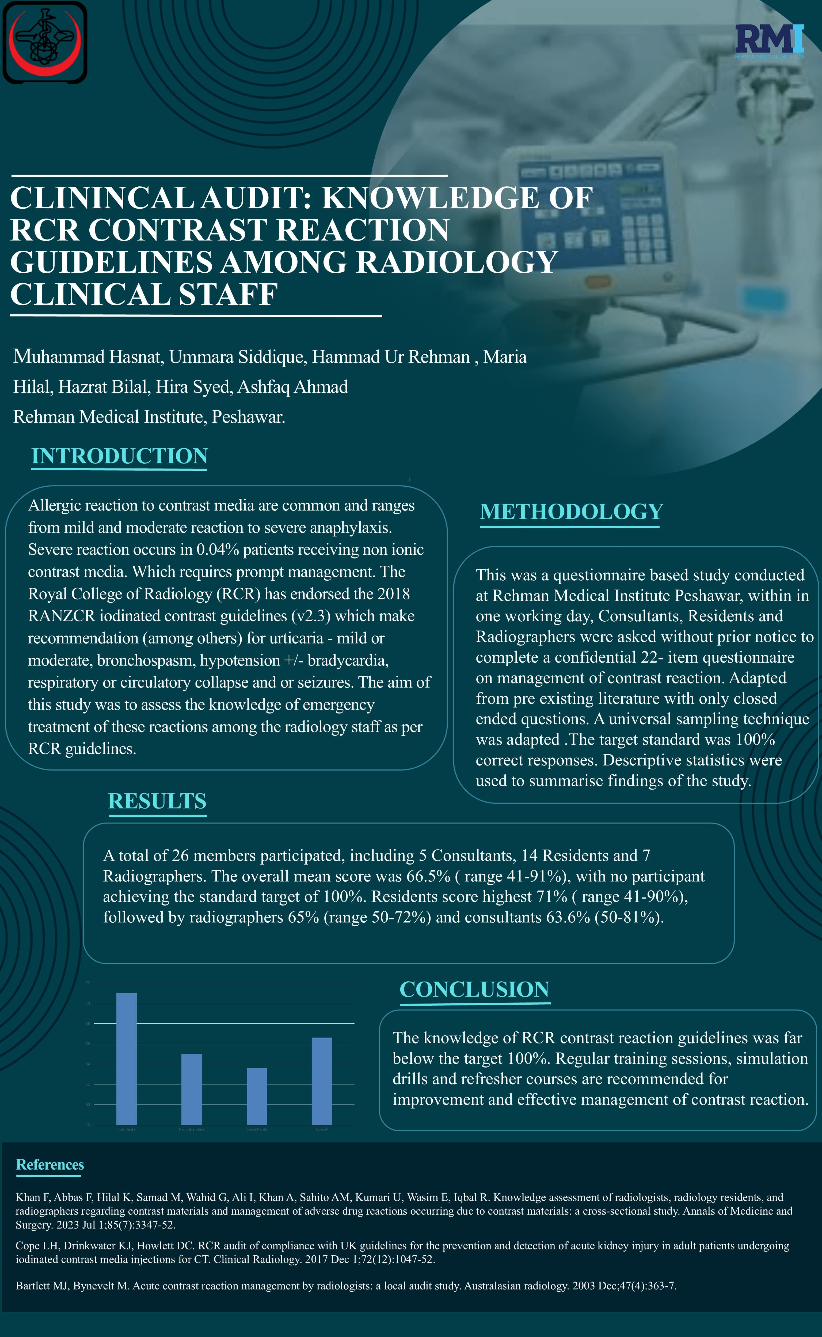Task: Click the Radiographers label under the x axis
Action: pyautogui.click(x=191, y=1129)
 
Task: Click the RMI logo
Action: pyautogui.click(x=769, y=41)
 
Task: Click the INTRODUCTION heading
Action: pyautogui.click(x=120, y=456)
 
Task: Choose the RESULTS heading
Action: pyautogui.click(x=157, y=801)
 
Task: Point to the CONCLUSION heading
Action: pyautogui.click(x=474, y=989)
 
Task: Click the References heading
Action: pyautogui.click(x=50, y=1165)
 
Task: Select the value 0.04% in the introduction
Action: pyautogui.click(x=218, y=550)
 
